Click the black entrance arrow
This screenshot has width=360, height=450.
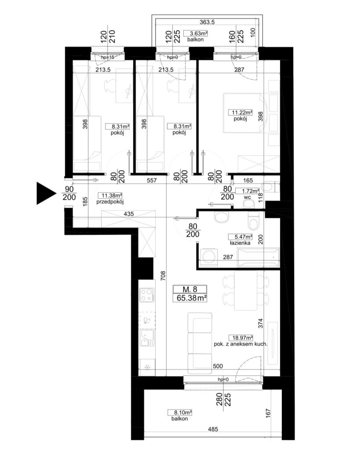pyautogui.click(x=46, y=193)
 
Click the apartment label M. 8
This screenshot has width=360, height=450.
pyautogui.click(x=190, y=289)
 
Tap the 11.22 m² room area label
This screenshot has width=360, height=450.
pyautogui.click(x=240, y=112)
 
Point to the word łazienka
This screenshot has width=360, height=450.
pyautogui.click(x=240, y=243)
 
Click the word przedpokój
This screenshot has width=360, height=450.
pyautogui.click(x=110, y=202)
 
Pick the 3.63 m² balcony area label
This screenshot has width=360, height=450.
pyautogui.click(x=196, y=33)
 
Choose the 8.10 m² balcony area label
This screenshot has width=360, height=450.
pyautogui.click(x=180, y=413)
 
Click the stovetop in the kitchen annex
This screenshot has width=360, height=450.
pyautogui.click(x=147, y=295)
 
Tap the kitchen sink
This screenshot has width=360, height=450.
pyautogui.click(x=147, y=338)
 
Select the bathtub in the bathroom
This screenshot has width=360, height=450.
pyautogui.click(x=258, y=258)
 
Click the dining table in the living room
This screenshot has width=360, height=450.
pyautogui.click(x=246, y=290)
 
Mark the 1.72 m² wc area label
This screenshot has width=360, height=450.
pyautogui.click(x=247, y=191)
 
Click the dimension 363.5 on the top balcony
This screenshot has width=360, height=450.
pyautogui.click(x=207, y=22)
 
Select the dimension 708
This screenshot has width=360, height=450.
pyautogui.click(x=163, y=276)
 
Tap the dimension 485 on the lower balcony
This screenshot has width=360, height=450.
pyautogui.click(x=213, y=429)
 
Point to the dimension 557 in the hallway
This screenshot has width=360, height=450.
pyautogui.click(x=152, y=180)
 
